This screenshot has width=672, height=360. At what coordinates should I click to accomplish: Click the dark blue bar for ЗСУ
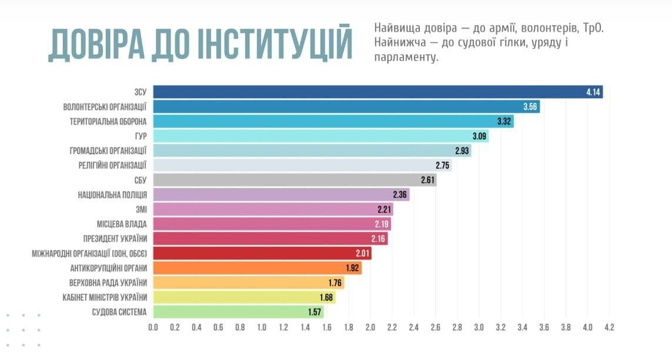click(x=376, y=92)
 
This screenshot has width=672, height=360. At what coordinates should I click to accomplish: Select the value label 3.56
click(x=531, y=107)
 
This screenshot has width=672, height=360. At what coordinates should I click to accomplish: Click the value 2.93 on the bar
click(x=462, y=151)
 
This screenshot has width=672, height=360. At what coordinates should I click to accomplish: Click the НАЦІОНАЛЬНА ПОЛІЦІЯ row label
click(x=112, y=195)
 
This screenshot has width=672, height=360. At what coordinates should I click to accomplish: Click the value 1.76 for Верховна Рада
click(x=334, y=283)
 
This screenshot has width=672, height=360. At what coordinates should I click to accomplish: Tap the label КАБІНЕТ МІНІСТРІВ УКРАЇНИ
click(x=105, y=297)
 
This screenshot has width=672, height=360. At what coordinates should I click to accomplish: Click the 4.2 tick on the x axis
click(x=609, y=326)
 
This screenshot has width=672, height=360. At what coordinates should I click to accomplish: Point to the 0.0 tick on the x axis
click(x=153, y=326)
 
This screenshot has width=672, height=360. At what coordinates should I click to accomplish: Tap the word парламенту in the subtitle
click(x=406, y=58)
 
